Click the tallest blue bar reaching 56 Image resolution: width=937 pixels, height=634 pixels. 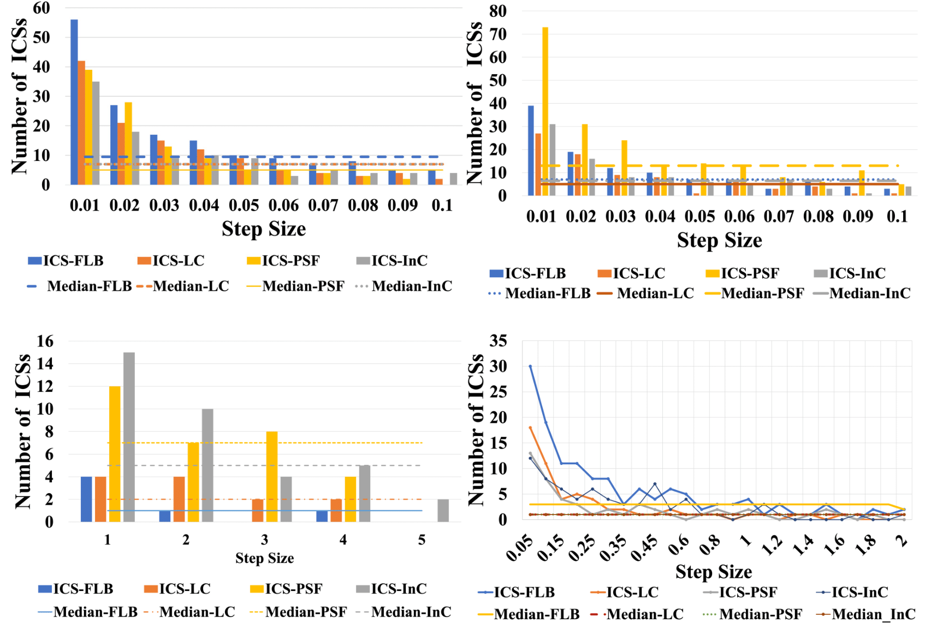pyautogui.click(x=74, y=102)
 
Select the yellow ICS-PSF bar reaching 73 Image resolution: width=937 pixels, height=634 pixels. pyautogui.click(x=545, y=111)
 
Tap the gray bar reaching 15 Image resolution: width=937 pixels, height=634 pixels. pyautogui.click(x=129, y=437)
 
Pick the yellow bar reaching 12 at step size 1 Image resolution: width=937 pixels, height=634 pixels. pyautogui.click(x=115, y=454)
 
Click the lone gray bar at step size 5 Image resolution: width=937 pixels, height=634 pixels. pyautogui.click(x=443, y=511)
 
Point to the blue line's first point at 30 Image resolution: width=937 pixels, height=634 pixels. pyautogui.click(x=530, y=366)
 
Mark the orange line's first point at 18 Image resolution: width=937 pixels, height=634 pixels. pyautogui.click(x=530, y=428)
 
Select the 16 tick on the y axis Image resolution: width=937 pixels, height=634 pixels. pyautogui.click(x=45, y=342)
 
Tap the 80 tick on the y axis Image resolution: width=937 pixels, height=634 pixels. pyautogui.click(x=497, y=11)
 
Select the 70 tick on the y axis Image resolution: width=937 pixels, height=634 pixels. pyautogui.click(x=497, y=34)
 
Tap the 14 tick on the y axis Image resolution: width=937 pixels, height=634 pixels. pyautogui.click(x=45, y=364)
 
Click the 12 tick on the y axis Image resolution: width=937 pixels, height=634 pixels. pyautogui.click(x=45, y=386)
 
